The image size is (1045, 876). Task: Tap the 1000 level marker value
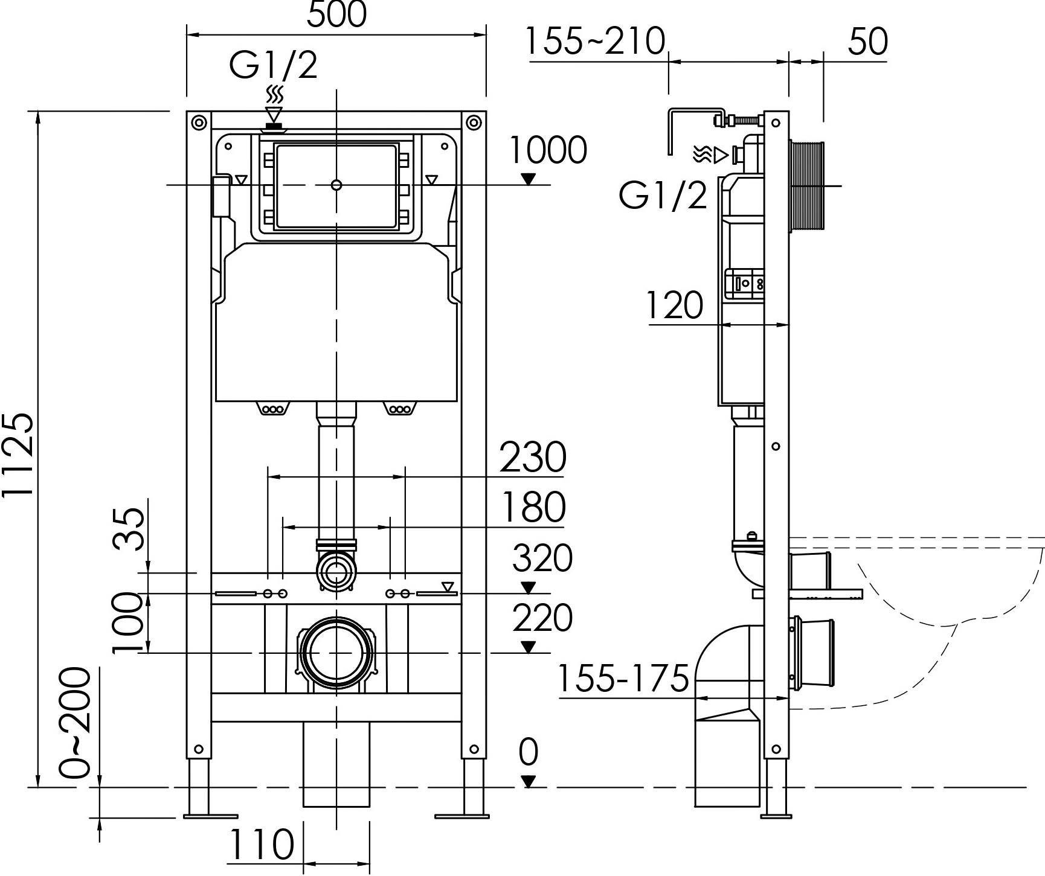548,150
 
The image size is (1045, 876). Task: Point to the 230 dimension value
533,457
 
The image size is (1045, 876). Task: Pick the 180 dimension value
533,507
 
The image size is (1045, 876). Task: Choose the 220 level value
542,618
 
